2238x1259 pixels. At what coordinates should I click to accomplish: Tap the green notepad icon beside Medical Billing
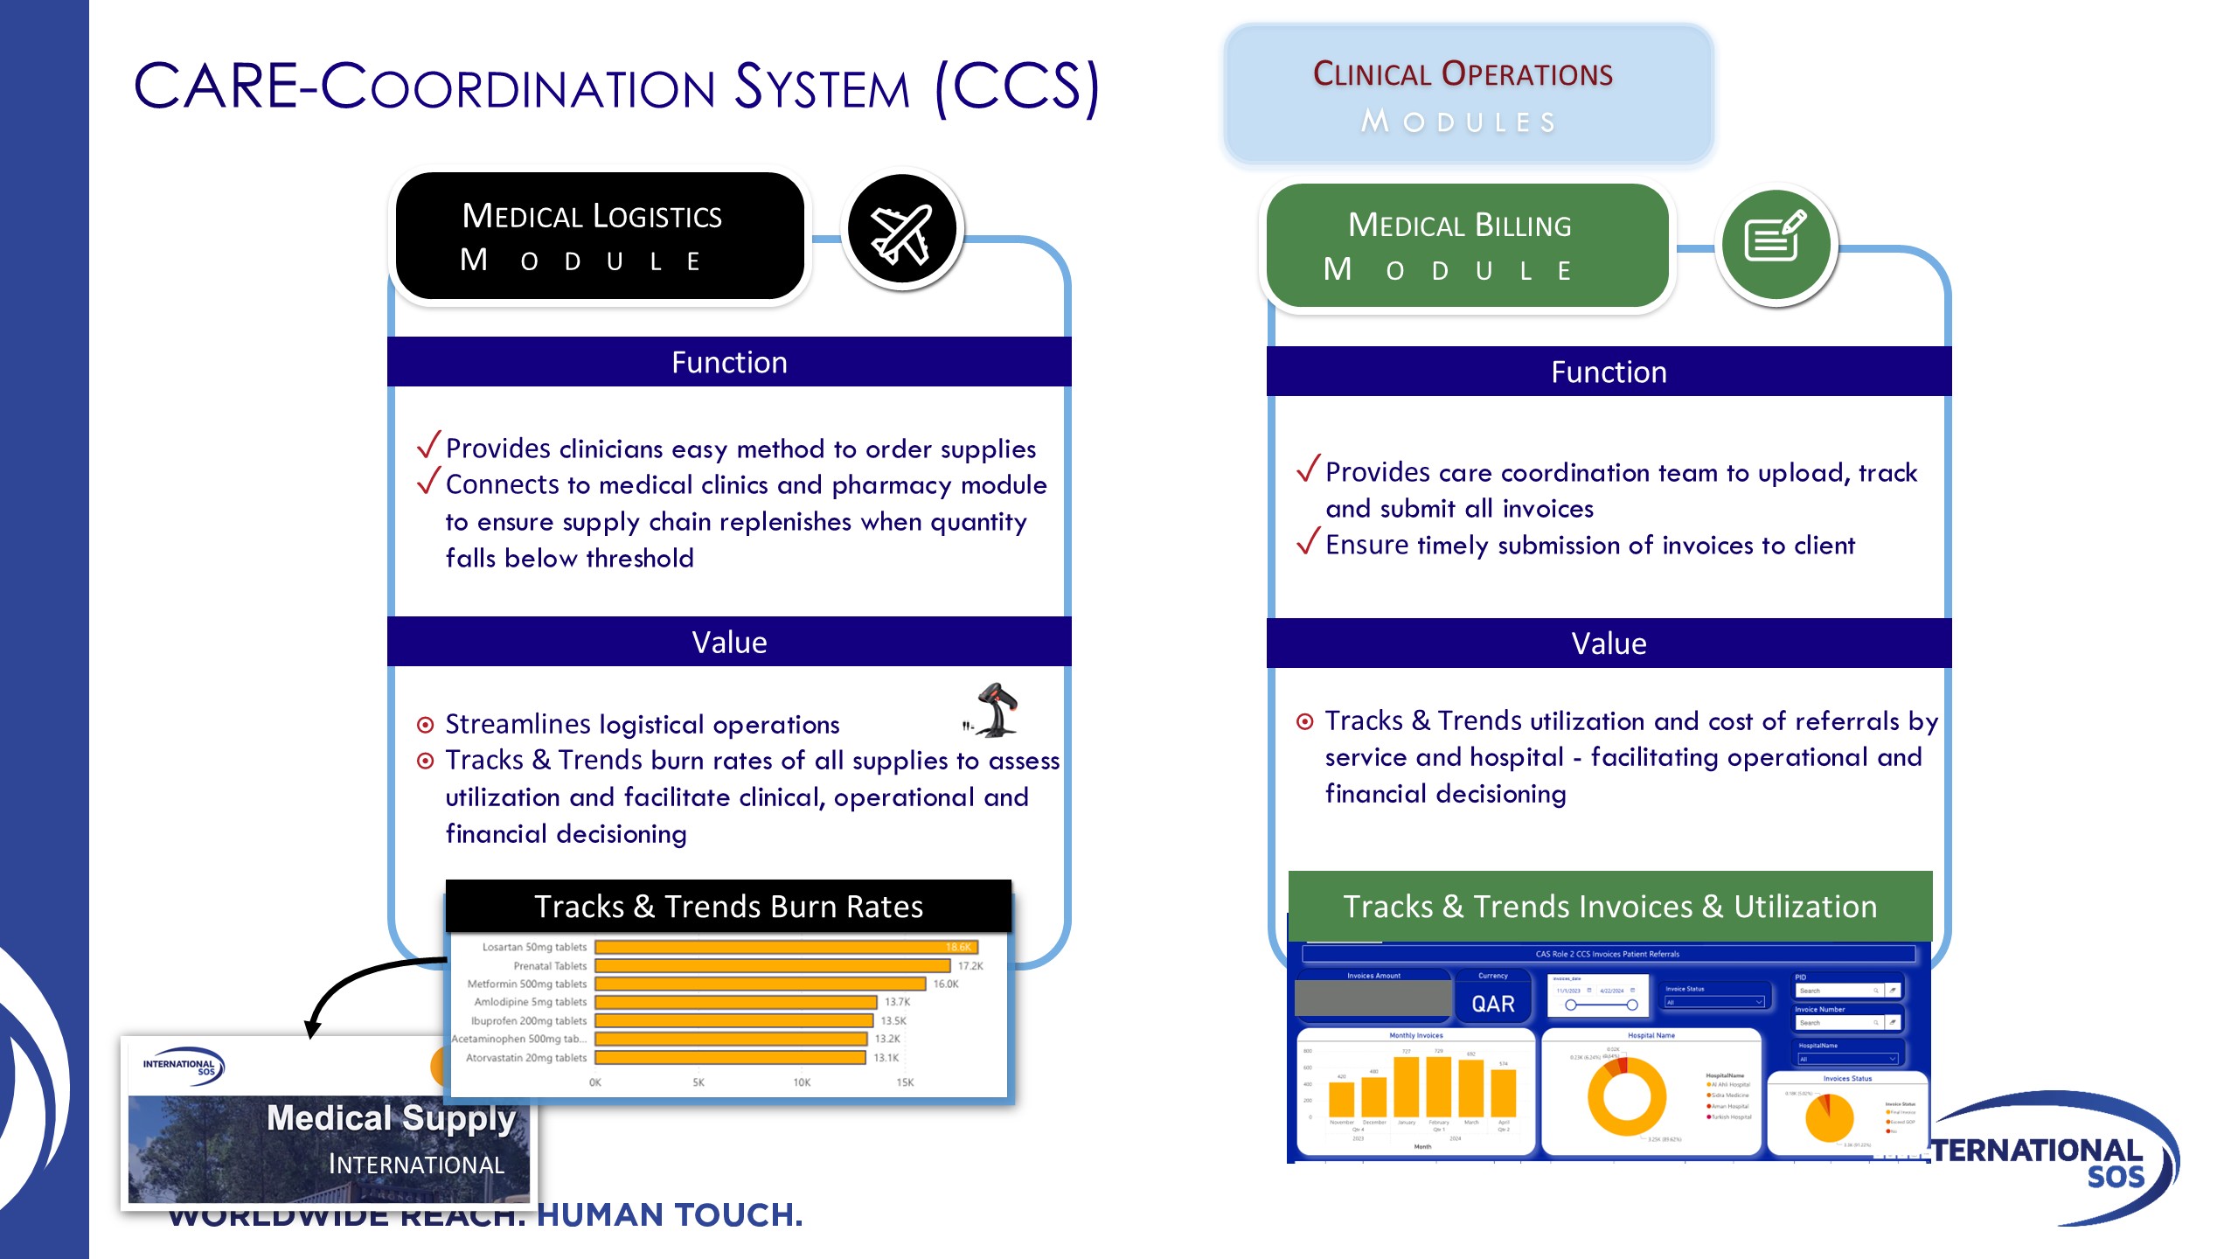click(x=1776, y=241)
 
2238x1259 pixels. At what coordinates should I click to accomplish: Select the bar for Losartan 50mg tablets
click(x=785, y=947)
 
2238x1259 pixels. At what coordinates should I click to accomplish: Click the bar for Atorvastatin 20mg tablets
click(x=730, y=1058)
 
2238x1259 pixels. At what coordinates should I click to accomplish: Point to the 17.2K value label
click(x=970, y=966)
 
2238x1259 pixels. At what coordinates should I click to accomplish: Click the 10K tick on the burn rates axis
click(x=802, y=1082)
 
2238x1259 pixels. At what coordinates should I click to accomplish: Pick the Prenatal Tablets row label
click(x=550, y=966)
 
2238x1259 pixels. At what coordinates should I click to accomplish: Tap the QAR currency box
click(x=1492, y=1003)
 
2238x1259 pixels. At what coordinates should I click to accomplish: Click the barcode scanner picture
click(x=995, y=710)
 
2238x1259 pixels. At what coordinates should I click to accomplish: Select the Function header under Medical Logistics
click(x=729, y=362)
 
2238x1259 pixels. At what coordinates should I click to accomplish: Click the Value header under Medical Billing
click(x=1609, y=643)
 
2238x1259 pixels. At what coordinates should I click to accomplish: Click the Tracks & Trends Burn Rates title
click(x=728, y=907)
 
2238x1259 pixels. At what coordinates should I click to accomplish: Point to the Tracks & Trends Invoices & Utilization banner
click(x=1609, y=907)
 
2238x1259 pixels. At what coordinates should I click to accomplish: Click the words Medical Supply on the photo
click(x=391, y=1118)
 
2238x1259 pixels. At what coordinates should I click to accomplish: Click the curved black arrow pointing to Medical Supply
click(x=350, y=984)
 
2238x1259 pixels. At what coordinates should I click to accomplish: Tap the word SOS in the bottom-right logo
click(x=2116, y=1177)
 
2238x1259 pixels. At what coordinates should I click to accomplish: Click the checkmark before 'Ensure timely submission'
click(x=1308, y=542)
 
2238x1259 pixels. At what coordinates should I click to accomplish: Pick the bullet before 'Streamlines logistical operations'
click(x=426, y=725)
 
